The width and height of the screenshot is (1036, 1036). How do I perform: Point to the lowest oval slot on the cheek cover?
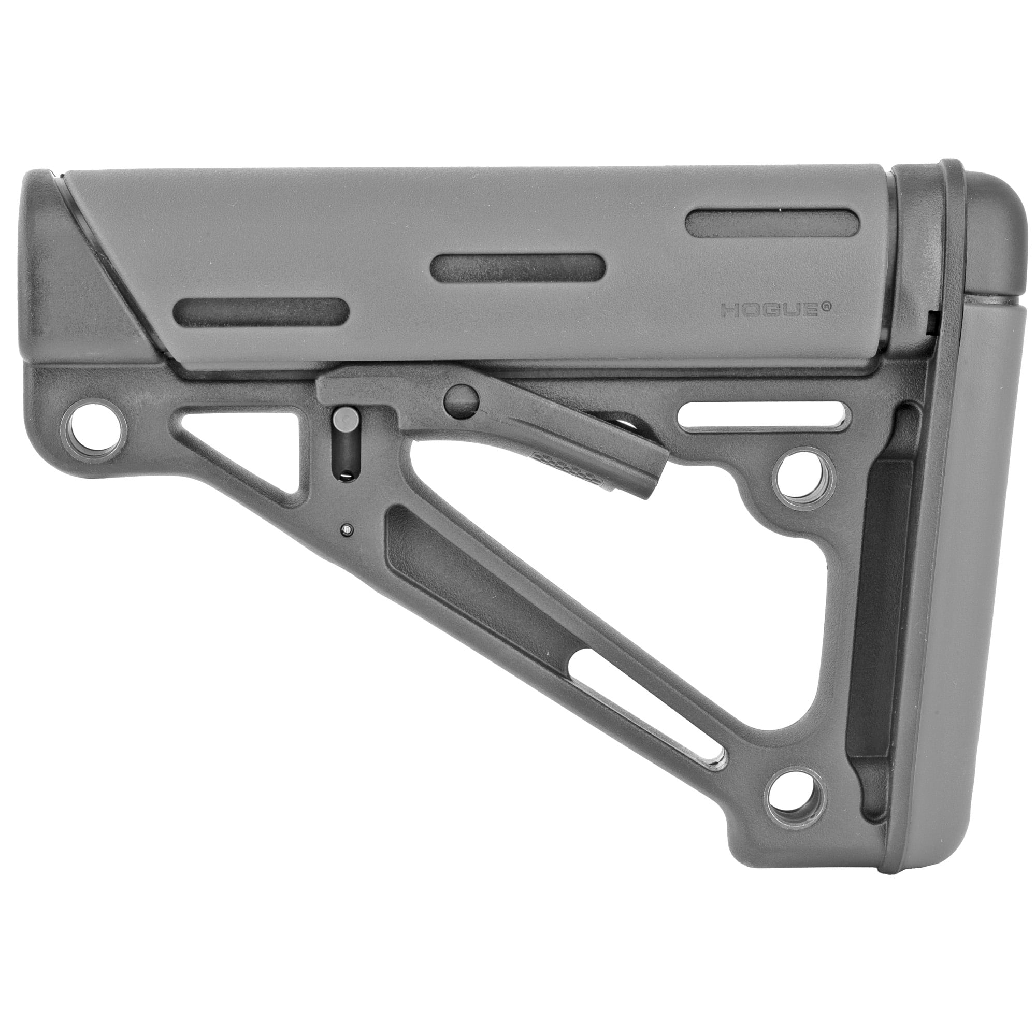click(261, 311)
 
